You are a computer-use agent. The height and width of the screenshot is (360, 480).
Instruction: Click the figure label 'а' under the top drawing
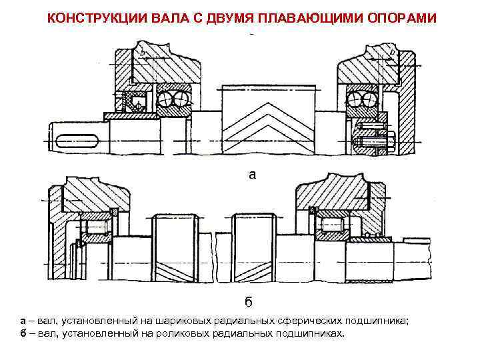click(x=251, y=175)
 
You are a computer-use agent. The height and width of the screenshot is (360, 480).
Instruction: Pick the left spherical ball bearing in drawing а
click(x=174, y=100)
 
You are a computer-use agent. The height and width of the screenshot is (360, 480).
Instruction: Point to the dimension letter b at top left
click(x=141, y=52)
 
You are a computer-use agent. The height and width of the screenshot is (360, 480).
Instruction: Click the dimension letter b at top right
click(x=391, y=52)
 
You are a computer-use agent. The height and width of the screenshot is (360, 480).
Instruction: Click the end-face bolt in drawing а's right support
click(x=374, y=142)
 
